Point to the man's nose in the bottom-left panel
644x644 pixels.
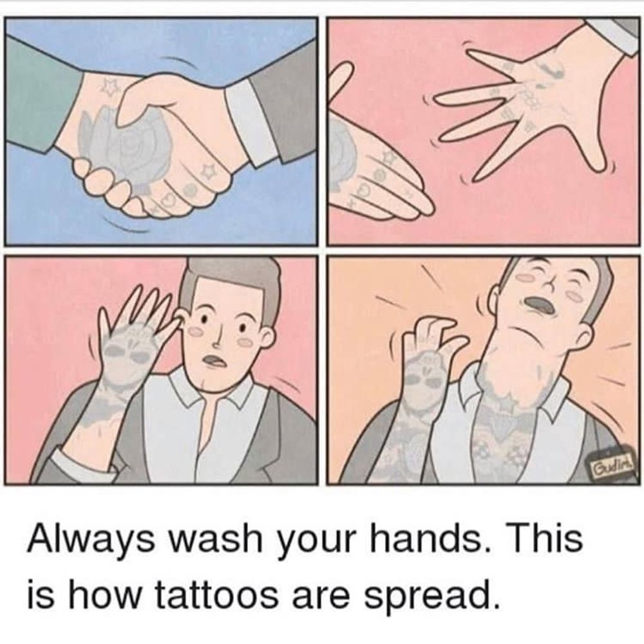pos(217,336)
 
